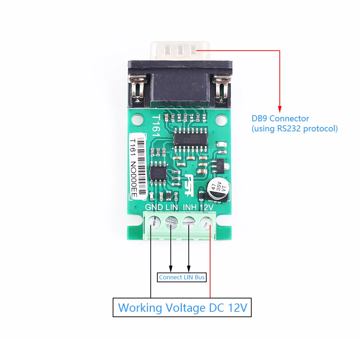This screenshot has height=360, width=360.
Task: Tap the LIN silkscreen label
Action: point(172,208)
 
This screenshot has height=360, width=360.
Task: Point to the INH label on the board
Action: point(190,208)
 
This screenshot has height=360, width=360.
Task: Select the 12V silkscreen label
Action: point(207,208)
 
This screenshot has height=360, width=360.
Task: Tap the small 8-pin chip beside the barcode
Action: point(158,174)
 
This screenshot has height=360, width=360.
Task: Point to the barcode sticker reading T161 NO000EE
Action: point(137,166)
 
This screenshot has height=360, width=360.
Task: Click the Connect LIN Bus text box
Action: point(182,277)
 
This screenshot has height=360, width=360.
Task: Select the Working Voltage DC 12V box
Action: point(182,307)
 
